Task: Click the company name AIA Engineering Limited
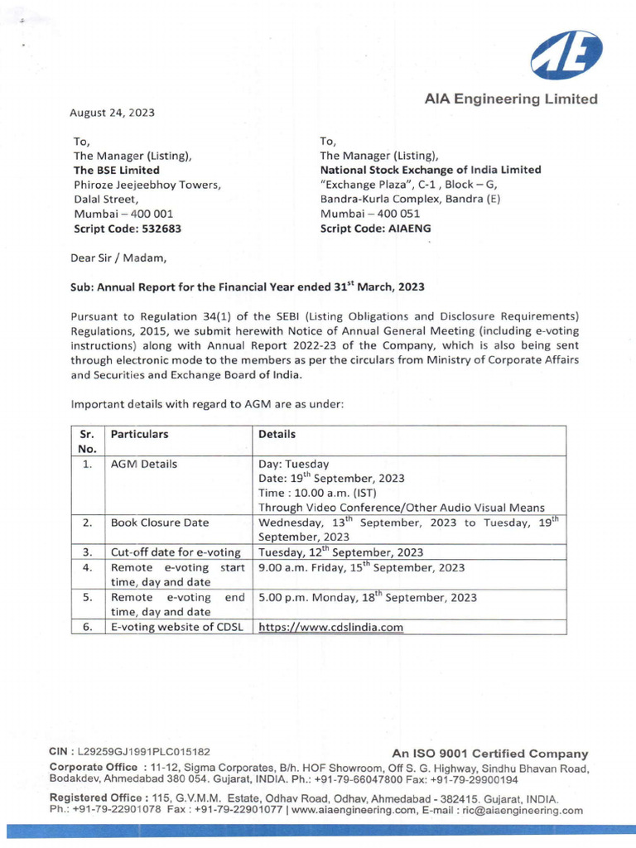[x=511, y=99]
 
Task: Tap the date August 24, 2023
[x=113, y=113]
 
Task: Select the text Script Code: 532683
[x=128, y=229]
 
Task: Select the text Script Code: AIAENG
[x=375, y=229]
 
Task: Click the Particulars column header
[x=140, y=434]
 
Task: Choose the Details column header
[x=277, y=434]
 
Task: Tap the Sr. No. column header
[x=88, y=441]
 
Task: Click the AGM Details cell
[x=144, y=465]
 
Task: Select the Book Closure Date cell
[x=160, y=523]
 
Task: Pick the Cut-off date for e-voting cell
[x=176, y=552]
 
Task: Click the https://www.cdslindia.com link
[x=331, y=627]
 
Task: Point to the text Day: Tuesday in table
[x=294, y=465]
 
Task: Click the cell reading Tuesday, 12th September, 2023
[x=340, y=552]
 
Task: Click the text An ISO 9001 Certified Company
[x=489, y=754]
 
